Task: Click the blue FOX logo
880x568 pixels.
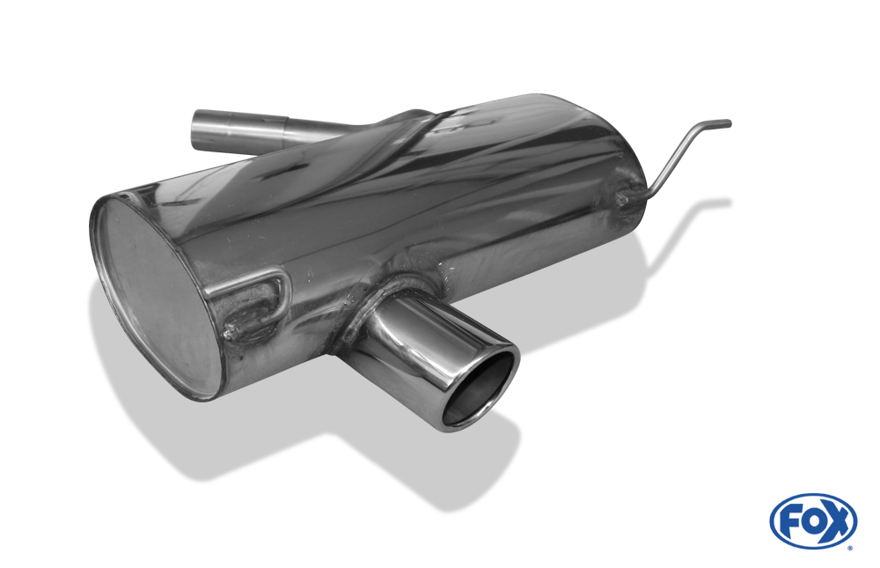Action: coord(813,520)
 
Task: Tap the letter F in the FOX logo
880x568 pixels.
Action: coord(789,522)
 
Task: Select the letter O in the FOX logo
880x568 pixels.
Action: coord(810,521)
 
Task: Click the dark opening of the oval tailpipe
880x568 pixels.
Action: coord(479,392)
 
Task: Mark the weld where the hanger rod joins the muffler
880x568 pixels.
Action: coord(622,198)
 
